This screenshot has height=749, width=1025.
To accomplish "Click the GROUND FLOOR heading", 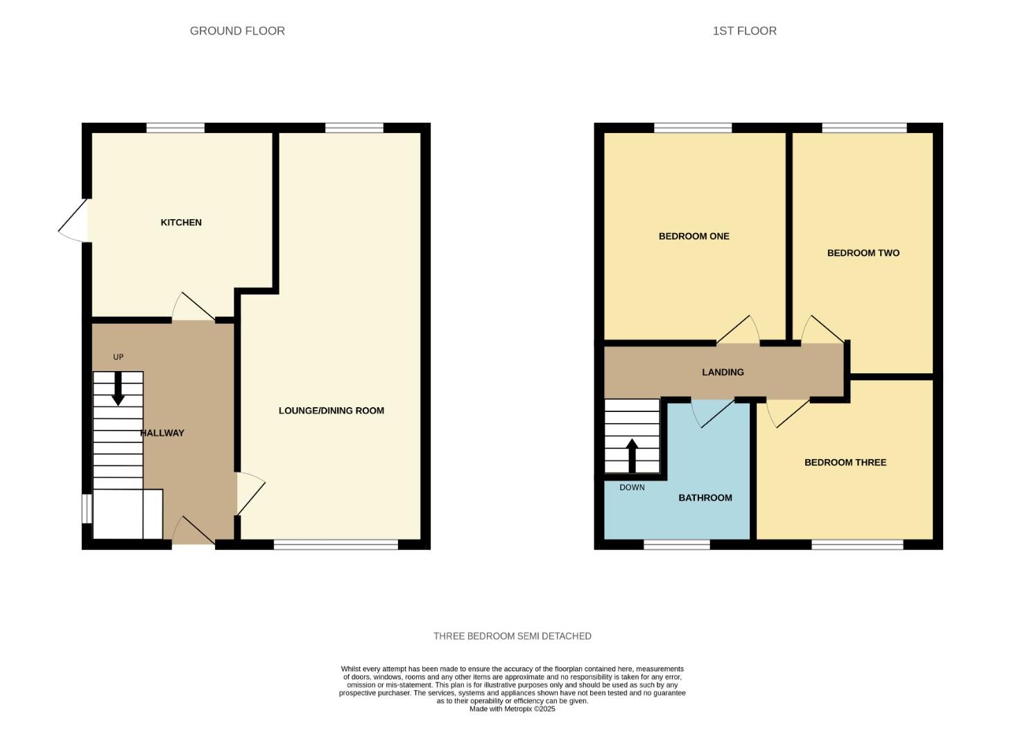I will pyautogui.click(x=237, y=31).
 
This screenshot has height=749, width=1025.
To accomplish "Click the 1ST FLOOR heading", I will pyautogui.click(x=744, y=31).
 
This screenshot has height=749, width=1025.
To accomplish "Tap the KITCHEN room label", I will pyautogui.click(x=181, y=223).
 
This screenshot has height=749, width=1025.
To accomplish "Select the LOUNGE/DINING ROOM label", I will pyautogui.click(x=331, y=411).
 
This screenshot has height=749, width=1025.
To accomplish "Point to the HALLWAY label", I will pyautogui.click(x=162, y=433).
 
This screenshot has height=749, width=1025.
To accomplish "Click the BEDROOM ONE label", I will pyautogui.click(x=694, y=236).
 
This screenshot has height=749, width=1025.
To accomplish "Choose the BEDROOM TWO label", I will pyautogui.click(x=863, y=253).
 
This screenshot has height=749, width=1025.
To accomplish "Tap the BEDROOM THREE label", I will pyautogui.click(x=845, y=463).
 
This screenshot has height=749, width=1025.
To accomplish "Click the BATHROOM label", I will pyautogui.click(x=705, y=498).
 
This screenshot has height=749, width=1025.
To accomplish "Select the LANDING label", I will pyautogui.click(x=723, y=372).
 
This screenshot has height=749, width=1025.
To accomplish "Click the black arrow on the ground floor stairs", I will pyautogui.click(x=118, y=388).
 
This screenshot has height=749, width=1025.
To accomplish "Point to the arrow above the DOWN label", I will pyautogui.click(x=632, y=455).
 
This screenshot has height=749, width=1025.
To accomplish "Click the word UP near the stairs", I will pyautogui.click(x=118, y=357).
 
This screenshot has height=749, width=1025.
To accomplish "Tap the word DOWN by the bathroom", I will pyautogui.click(x=632, y=488).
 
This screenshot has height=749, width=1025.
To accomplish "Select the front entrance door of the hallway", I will pyautogui.click(x=193, y=533).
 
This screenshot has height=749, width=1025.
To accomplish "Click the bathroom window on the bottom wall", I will pyautogui.click(x=676, y=545).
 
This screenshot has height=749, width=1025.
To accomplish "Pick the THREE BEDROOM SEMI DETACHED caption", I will pyautogui.click(x=512, y=636).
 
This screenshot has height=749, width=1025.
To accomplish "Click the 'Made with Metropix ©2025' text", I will pyautogui.click(x=512, y=709).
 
